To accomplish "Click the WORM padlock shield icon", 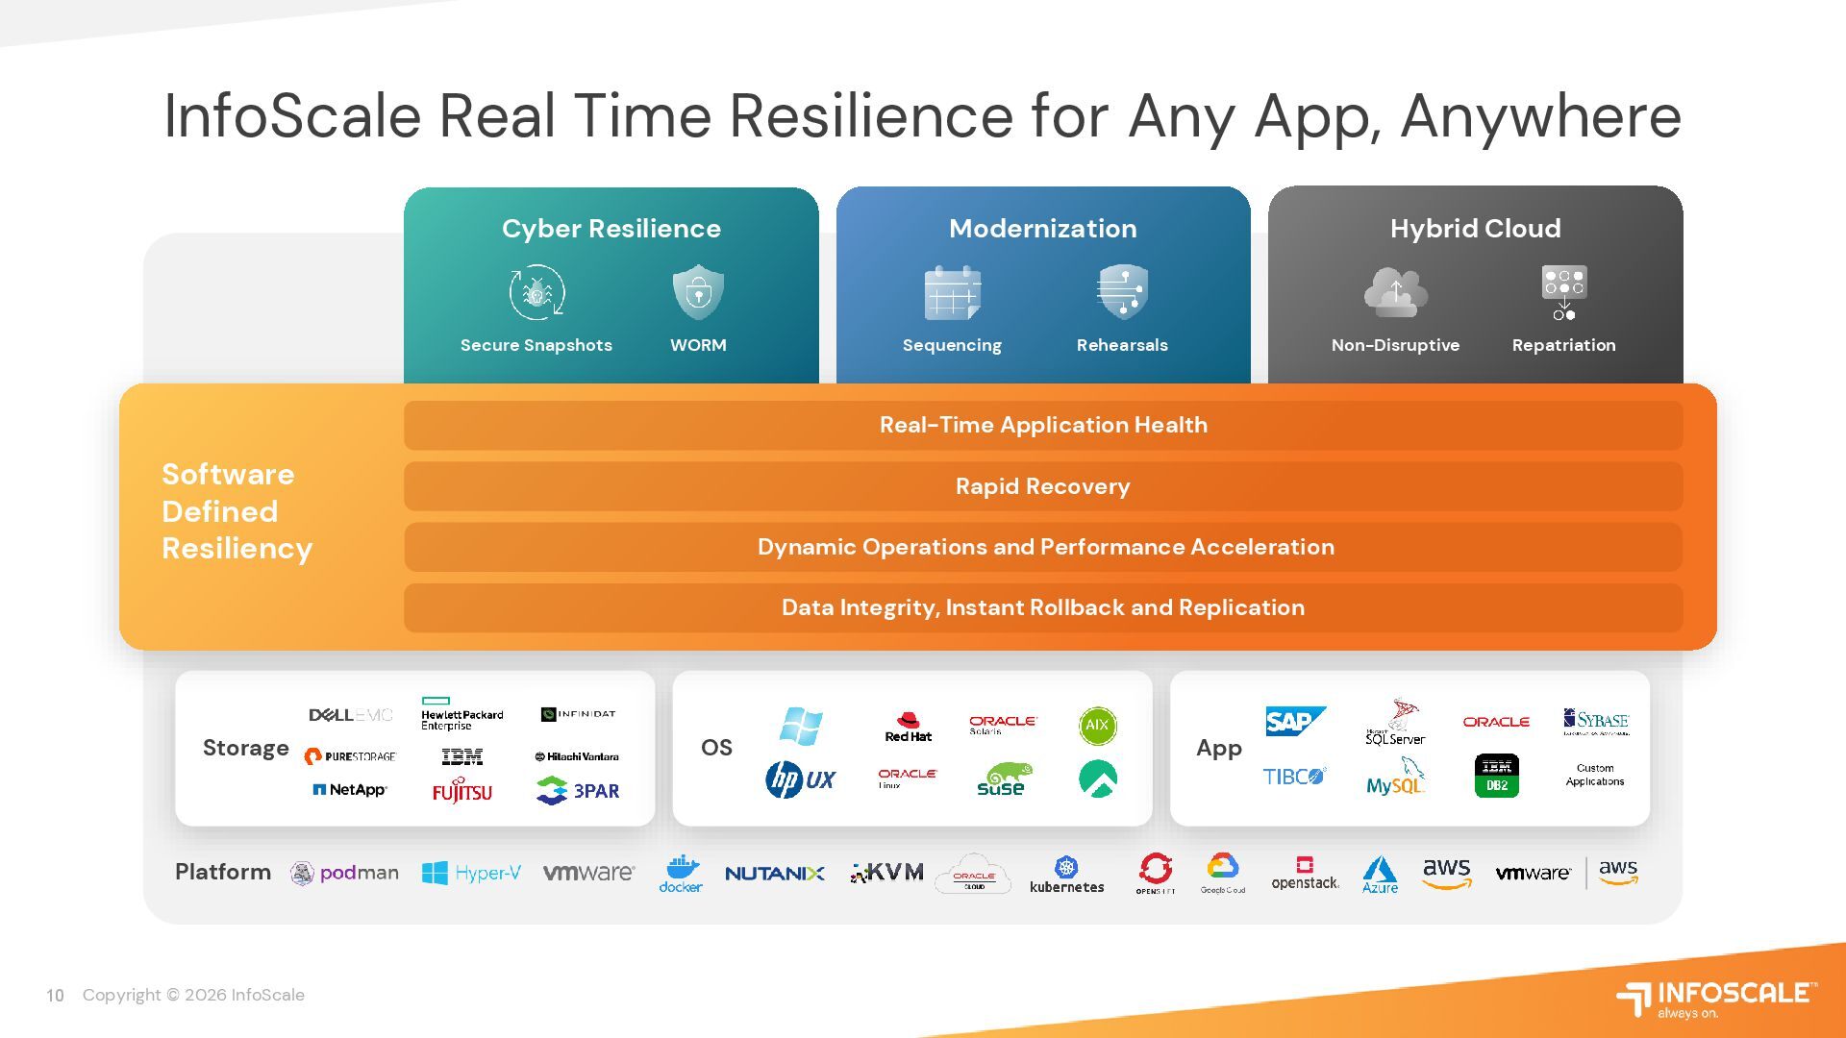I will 698,292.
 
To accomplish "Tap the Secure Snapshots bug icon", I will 536,292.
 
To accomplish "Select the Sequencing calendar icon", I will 952,293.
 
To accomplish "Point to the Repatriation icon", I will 1564,292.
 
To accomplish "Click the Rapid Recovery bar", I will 1043,486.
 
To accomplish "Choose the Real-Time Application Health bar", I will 1043,425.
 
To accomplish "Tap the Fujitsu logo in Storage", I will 462,790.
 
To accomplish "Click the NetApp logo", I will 350,790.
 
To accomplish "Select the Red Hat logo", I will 908,727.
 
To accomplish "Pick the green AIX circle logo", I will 1097,726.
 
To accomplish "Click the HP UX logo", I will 801,779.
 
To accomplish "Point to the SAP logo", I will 1294,722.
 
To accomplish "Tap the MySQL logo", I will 1395,777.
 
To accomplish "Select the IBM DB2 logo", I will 1496,776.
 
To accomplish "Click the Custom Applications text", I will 1595,775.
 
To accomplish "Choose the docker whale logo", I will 681,873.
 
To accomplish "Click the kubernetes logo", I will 1066,875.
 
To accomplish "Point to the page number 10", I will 55,996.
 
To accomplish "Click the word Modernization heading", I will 1043,229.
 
